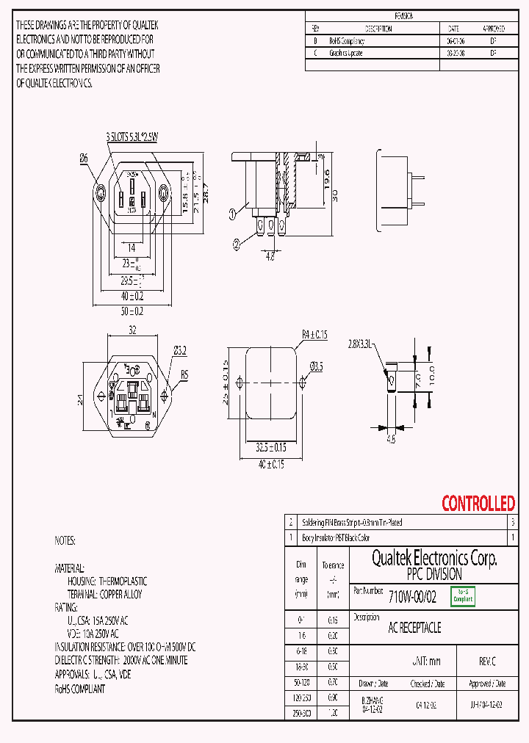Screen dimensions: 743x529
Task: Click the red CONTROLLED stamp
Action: tap(478, 504)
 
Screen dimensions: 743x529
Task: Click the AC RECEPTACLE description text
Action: tap(414, 628)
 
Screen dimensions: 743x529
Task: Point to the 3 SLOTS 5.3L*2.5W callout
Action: tap(132, 137)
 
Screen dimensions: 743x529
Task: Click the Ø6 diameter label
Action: tap(84, 157)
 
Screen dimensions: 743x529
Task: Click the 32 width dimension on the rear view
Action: tap(132, 330)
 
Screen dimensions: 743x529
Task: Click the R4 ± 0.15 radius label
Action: tap(314, 335)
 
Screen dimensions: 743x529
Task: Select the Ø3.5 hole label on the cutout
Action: tap(317, 365)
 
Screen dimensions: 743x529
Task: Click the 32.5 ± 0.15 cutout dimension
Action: tap(271, 446)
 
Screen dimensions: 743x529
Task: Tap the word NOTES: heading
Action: tap(65, 540)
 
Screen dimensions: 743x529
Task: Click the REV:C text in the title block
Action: tap(487, 662)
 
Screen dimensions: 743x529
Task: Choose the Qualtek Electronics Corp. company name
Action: tap(434, 559)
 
